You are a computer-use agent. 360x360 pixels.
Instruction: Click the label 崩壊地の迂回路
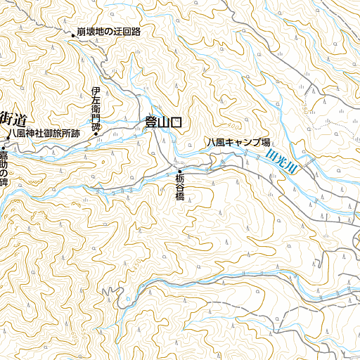109,32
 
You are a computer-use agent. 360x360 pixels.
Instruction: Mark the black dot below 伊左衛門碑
96,134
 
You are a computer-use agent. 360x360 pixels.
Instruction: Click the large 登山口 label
163,122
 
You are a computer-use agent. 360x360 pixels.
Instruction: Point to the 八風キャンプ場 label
238,142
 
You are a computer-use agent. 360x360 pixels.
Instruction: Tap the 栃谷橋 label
179,188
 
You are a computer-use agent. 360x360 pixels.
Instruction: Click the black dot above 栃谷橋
180,172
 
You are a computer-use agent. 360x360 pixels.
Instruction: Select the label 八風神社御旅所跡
44,132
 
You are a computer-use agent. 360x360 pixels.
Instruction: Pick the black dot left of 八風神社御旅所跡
3,133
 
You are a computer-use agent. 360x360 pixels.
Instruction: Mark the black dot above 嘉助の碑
3,148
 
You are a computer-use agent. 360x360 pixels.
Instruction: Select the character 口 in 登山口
176,122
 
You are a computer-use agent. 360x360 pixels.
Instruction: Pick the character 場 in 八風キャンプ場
266,142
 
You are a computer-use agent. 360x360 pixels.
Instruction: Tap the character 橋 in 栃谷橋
179,196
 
